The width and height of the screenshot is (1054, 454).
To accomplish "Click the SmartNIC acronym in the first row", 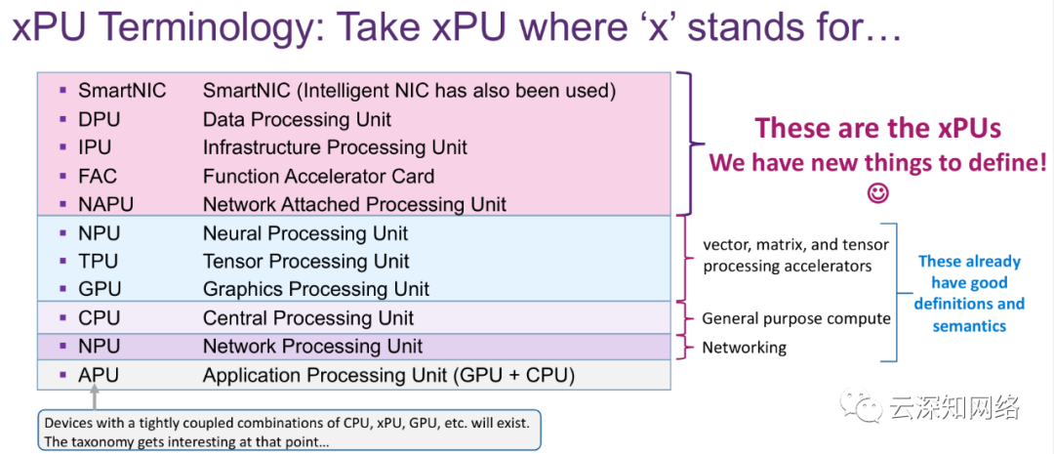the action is tap(122, 91).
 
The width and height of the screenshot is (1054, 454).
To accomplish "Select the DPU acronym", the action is tap(99, 120).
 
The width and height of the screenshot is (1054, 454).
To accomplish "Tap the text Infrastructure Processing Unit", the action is tap(335, 147).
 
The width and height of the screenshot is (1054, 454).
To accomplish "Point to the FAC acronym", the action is tap(98, 176).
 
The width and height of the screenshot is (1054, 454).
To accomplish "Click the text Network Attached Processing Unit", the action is tap(354, 204).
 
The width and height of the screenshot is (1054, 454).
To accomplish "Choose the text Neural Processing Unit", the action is tap(305, 233).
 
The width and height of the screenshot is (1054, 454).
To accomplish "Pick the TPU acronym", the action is tap(99, 261).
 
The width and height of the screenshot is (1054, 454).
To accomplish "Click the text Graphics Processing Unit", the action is tap(316, 289).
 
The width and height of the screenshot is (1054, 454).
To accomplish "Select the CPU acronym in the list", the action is tap(100, 317).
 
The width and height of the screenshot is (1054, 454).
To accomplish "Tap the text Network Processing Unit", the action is tap(312, 347).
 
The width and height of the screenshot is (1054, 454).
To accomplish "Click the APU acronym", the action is tap(99, 375).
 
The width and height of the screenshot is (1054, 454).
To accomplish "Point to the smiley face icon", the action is tap(878, 193).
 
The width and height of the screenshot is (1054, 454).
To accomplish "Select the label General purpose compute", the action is tap(796, 319).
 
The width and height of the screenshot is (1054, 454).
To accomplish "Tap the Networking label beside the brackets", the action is tap(744, 348).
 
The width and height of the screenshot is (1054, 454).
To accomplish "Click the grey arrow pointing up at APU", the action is tap(94, 396).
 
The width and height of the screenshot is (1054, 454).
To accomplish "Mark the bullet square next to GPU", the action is tap(62, 289).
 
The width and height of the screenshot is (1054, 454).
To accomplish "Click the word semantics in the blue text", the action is tap(969, 326).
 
